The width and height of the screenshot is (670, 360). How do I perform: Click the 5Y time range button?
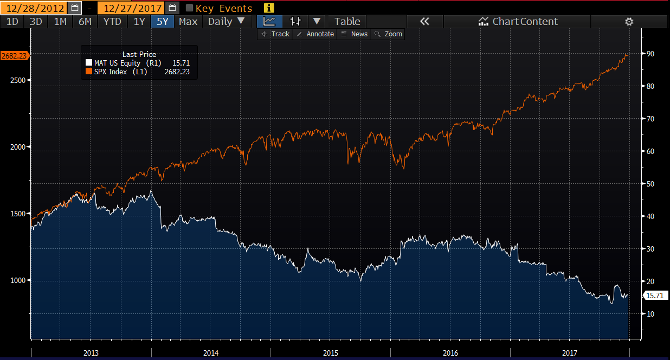click(x=163, y=22)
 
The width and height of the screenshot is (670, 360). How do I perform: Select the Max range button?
click(x=188, y=22)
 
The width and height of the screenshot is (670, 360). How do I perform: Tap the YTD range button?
click(x=112, y=22)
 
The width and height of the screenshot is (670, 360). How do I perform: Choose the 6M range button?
click(x=85, y=22)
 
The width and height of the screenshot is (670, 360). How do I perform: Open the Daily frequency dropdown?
click(x=227, y=22)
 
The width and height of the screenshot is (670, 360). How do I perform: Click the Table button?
click(x=347, y=22)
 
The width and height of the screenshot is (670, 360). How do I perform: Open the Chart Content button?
click(x=518, y=22)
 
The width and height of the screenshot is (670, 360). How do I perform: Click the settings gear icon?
click(x=629, y=22)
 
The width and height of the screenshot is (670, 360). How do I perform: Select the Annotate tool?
click(x=315, y=34)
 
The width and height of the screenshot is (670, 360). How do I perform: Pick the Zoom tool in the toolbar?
click(x=388, y=34)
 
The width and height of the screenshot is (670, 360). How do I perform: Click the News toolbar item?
click(x=355, y=34)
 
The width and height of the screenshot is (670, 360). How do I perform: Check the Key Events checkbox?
click(x=189, y=8)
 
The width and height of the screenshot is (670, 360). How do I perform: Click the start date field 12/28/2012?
click(x=35, y=8)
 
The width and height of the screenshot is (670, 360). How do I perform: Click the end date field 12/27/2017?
click(x=132, y=8)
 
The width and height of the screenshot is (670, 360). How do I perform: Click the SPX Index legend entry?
click(x=138, y=72)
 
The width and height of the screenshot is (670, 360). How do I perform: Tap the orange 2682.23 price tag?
click(x=14, y=56)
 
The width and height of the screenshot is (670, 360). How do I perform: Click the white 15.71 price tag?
click(x=655, y=295)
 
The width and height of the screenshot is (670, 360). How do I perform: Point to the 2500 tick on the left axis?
click(x=17, y=80)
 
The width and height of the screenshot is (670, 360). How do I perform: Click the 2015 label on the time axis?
click(x=331, y=353)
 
